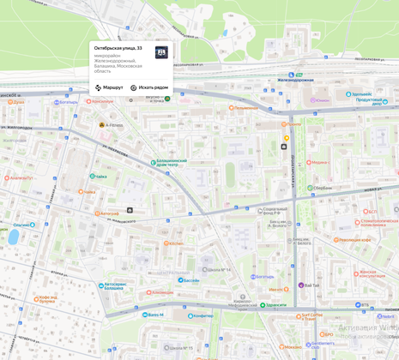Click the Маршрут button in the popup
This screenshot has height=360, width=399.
point(109,87)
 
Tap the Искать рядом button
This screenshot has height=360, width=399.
point(149,87)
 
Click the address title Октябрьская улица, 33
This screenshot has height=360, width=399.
point(118,49)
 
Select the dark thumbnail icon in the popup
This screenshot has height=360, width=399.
point(161,53)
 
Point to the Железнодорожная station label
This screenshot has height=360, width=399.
point(295,80)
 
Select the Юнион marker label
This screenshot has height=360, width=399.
point(322,100)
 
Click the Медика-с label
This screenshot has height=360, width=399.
point(318,162)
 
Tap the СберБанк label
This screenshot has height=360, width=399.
point(321,188)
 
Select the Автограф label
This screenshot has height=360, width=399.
point(109,213)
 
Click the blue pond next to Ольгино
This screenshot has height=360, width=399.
point(13,237)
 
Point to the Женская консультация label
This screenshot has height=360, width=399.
point(371,274)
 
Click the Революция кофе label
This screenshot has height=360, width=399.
point(354,240)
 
